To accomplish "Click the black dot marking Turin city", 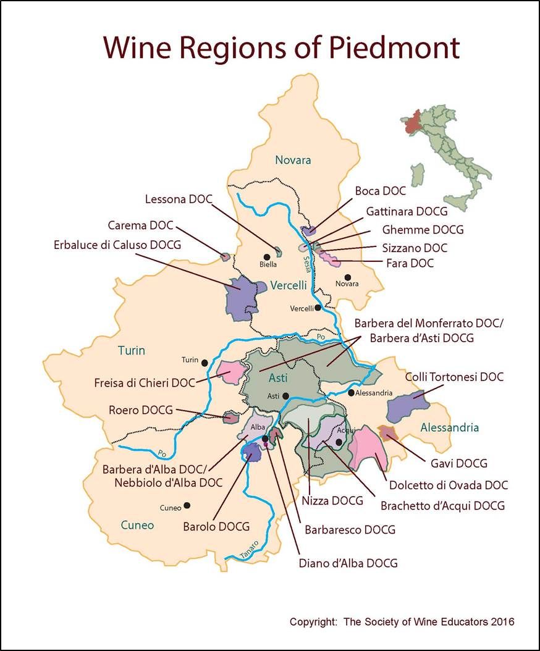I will click(204, 362).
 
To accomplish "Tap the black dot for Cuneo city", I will click(187, 505).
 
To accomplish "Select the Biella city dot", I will click(267, 257).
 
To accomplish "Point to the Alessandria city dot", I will click(351, 392).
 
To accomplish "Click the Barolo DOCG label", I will click(216, 527).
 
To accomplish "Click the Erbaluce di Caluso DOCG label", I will click(117, 245).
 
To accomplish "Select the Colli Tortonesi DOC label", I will click(454, 376).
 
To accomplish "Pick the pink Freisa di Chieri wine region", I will click(231, 372).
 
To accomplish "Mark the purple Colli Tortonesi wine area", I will click(407, 408).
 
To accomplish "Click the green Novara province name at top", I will click(293, 160).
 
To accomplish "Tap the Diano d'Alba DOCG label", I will click(348, 563).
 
